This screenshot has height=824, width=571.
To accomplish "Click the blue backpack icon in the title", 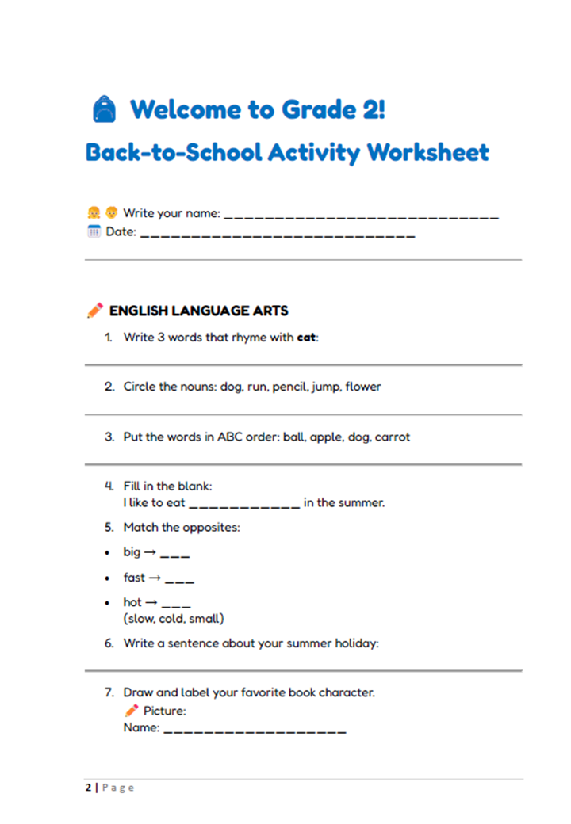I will (104, 109).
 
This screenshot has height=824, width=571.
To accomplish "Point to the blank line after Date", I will (278, 235).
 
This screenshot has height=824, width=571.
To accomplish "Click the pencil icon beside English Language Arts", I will (95, 311).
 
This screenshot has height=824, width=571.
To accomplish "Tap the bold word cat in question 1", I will (306, 338).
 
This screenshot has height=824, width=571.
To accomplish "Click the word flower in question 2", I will (363, 387).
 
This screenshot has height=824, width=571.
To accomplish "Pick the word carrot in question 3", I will (393, 437).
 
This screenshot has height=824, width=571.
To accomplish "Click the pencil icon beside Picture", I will (132, 710).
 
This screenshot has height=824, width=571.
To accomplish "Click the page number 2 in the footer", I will (89, 788).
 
